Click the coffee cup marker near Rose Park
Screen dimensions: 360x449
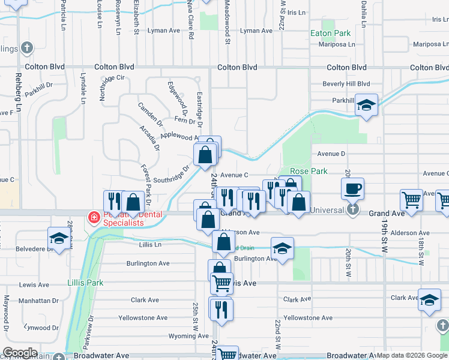tap(352, 189)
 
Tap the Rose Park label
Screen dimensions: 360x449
tap(309, 171)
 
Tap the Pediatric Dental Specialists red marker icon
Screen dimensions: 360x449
tap(94, 217)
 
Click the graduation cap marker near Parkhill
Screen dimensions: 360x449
tap(366, 106)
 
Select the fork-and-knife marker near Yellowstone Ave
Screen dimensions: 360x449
tap(221, 309)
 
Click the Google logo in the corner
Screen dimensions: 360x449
tap(19, 353)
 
